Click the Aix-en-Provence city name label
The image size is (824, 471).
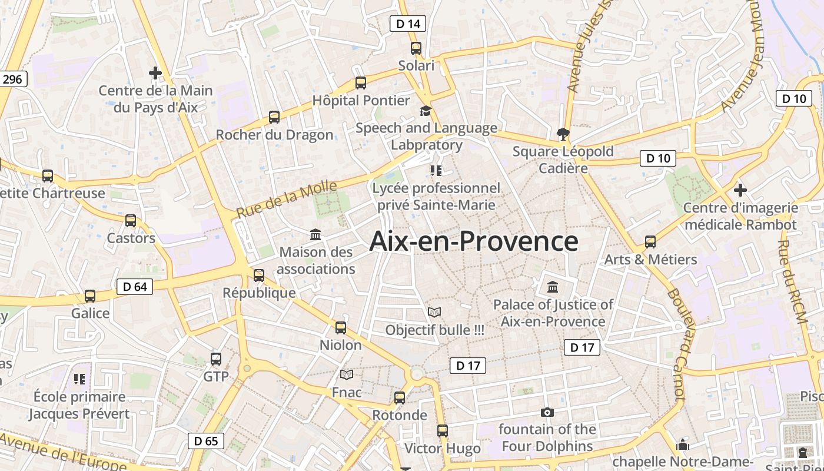tap(474, 241)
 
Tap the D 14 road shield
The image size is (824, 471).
tap(408, 24)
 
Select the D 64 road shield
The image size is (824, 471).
tap(135, 287)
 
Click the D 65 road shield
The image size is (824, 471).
tap(206, 440)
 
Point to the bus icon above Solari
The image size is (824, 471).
tap(416, 48)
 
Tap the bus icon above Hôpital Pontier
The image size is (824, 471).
tap(361, 83)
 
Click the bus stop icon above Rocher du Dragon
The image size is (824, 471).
tap(274, 117)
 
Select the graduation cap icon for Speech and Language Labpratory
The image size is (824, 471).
tap(425, 111)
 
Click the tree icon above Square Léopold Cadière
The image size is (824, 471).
tap(563, 134)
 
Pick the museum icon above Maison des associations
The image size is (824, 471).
tap(315, 234)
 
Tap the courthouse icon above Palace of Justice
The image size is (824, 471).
tap(553, 287)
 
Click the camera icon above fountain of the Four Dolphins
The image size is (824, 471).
tap(547, 412)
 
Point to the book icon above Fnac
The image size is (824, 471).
tap(347, 374)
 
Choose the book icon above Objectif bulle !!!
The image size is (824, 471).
tap(434, 312)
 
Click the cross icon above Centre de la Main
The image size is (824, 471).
tap(155, 73)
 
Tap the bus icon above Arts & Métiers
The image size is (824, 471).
tap(650, 241)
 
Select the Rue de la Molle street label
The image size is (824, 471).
tap(287, 200)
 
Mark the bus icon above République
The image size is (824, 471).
tap(259, 275)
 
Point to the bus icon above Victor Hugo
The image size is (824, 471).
tap(443, 431)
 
